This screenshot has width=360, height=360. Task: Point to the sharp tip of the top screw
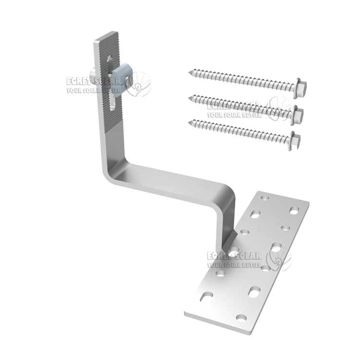coord(190,72)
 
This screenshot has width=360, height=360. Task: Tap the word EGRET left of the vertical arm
coord(79,82)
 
